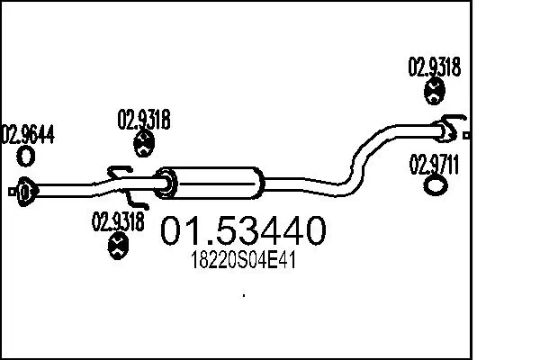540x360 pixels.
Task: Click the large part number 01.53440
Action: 242,233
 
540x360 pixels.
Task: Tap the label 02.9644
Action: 28,136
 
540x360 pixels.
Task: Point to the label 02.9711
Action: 435,166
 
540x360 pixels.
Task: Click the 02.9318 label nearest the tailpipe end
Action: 435,66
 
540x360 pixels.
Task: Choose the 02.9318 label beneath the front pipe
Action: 118,220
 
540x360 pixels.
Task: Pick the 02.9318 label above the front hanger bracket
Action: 145,119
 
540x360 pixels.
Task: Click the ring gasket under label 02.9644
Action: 27,157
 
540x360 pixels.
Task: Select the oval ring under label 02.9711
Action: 435,186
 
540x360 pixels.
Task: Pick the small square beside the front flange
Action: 10,190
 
